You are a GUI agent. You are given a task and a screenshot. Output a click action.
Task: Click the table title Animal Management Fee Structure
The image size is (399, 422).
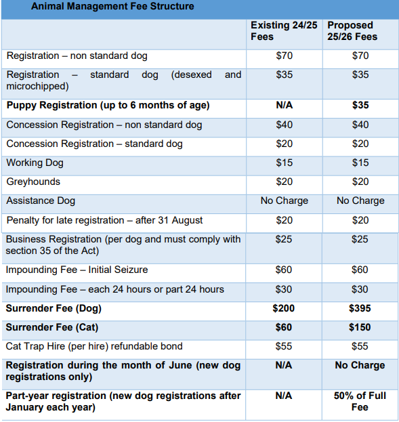(x=112, y=7)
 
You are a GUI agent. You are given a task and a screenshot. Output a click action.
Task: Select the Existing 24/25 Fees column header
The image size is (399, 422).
(x=284, y=30)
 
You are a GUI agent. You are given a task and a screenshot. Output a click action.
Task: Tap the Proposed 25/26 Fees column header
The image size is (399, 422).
(x=354, y=30)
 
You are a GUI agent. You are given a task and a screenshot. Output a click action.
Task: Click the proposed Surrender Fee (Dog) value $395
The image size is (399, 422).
(x=360, y=308)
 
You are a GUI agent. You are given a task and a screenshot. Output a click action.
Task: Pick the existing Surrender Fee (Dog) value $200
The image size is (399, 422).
(x=285, y=308)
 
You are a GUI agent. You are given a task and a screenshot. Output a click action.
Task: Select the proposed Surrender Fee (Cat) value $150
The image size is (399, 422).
(x=360, y=327)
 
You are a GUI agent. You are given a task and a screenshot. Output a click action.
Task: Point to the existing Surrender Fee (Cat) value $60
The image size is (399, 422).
(x=285, y=327)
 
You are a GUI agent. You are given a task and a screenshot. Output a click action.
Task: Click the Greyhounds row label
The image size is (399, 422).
(x=33, y=182)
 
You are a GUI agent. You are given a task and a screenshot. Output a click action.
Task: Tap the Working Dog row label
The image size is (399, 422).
(x=35, y=163)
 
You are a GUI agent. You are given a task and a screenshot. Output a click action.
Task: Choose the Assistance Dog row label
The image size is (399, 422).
(x=41, y=201)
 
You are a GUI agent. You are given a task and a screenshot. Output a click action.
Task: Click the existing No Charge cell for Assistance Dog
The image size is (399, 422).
(x=285, y=201)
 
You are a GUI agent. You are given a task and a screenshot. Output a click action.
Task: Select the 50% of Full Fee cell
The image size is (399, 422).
(x=360, y=401)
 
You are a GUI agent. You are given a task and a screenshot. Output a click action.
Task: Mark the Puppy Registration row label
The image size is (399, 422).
(x=108, y=105)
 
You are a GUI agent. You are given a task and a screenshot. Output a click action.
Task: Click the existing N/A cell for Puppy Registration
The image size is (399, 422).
(x=285, y=105)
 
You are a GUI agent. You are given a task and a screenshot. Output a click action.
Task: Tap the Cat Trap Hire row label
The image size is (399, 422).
(x=94, y=346)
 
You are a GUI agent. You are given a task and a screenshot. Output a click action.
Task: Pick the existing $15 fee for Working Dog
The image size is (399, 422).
(x=285, y=163)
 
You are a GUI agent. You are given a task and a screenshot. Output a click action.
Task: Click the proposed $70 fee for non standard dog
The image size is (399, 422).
(x=360, y=56)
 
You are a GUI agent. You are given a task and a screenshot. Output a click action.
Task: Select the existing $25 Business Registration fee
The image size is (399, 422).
(x=285, y=239)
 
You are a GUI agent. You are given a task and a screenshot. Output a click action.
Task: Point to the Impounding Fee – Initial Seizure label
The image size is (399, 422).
(x=77, y=270)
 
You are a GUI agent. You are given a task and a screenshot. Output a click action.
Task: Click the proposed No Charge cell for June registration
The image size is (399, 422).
(x=360, y=365)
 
